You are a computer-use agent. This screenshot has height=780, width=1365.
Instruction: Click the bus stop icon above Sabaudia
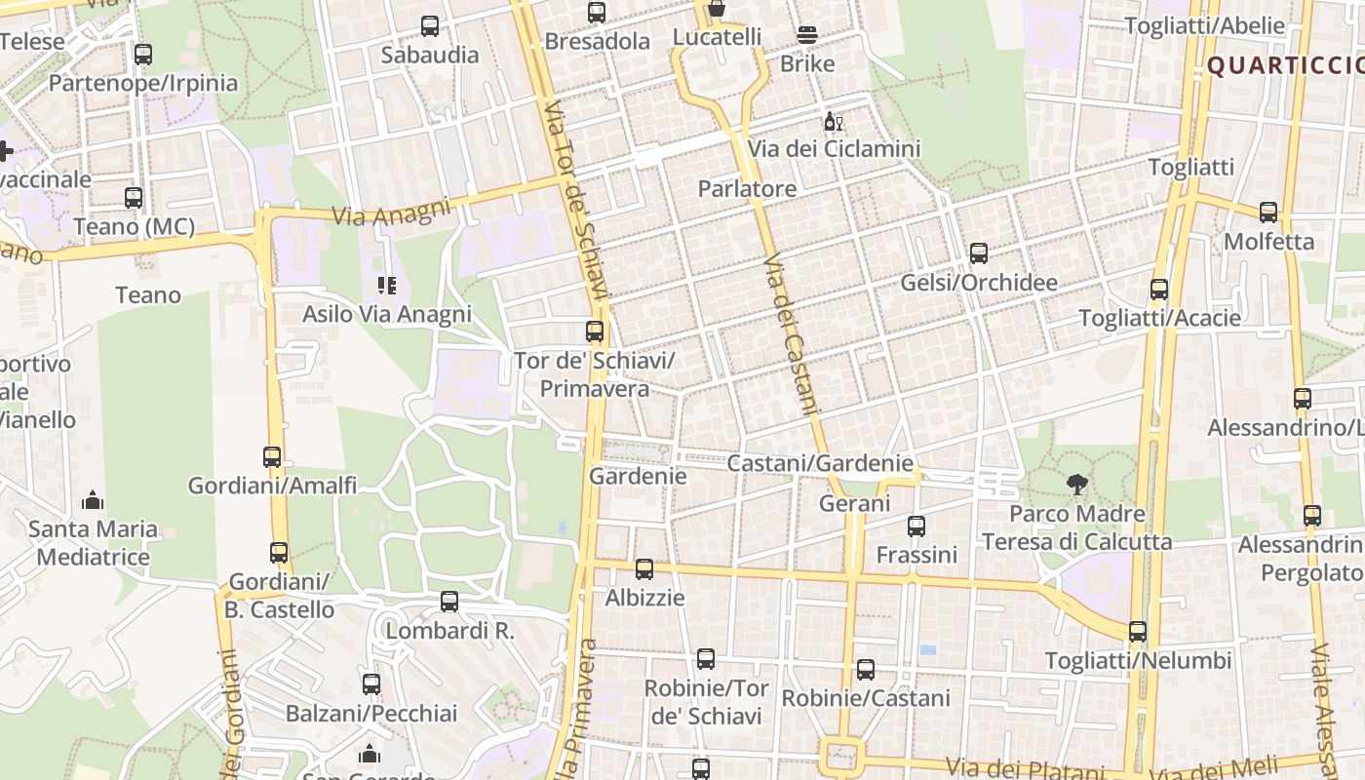[x=430, y=26]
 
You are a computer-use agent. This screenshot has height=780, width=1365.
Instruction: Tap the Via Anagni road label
[x=392, y=212]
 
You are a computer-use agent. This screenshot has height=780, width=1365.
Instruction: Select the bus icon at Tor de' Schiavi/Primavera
[x=595, y=331]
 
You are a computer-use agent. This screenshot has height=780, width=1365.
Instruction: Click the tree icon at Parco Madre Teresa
[x=1076, y=483]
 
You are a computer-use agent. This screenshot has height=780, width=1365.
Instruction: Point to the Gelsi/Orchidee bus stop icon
[x=979, y=253]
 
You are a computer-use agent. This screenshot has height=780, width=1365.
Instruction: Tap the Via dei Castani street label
[x=790, y=334]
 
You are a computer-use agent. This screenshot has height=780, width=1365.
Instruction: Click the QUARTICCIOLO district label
[x=1285, y=65]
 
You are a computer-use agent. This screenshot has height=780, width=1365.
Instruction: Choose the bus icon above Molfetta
[x=1268, y=212]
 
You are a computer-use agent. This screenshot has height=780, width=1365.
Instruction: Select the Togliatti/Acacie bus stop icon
[x=1159, y=290]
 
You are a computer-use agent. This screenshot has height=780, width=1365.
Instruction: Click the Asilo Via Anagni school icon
[x=387, y=286]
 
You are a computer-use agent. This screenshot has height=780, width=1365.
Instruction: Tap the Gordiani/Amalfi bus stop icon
[x=272, y=456]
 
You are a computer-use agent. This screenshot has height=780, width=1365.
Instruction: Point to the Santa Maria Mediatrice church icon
[x=93, y=501]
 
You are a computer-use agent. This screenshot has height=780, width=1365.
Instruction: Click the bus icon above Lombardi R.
[x=449, y=602]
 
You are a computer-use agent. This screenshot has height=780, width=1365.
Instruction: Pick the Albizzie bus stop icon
[x=644, y=569]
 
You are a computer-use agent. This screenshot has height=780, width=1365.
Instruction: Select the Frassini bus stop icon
[x=916, y=526]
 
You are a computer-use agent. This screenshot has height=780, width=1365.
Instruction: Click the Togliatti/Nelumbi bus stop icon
[x=1138, y=632]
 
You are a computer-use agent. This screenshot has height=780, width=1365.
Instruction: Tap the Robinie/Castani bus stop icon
[x=866, y=670]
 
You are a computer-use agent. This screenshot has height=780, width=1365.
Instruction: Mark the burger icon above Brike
[x=807, y=35]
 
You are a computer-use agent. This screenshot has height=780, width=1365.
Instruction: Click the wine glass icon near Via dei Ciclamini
[x=834, y=121]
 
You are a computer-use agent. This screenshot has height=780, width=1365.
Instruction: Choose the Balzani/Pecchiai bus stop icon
[x=371, y=684]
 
